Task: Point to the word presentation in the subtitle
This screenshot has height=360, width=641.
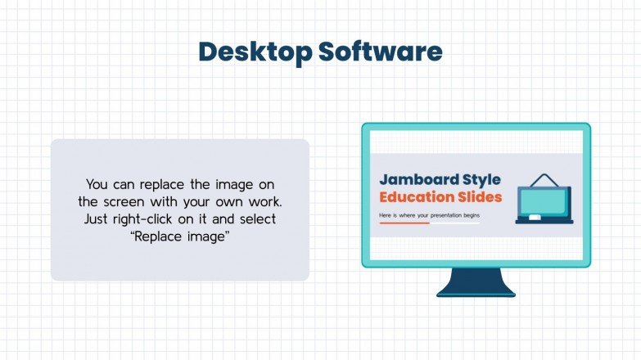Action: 443,216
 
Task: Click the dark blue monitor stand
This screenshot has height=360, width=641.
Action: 476,282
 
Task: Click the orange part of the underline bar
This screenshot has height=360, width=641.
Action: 404,223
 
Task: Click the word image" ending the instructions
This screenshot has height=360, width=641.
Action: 209,236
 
